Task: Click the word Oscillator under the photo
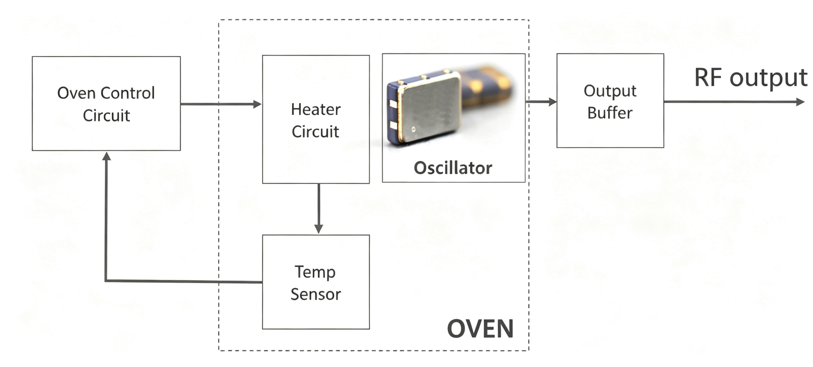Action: (x=453, y=167)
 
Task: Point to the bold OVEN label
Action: (x=480, y=329)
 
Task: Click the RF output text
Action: (x=751, y=78)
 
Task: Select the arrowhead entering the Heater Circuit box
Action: (x=257, y=104)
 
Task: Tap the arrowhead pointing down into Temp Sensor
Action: (x=319, y=229)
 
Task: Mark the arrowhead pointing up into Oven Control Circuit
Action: (x=107, y=156)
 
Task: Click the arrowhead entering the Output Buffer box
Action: (x=553, y=102)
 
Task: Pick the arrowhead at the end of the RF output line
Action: (x=800, y=102)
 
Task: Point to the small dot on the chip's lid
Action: (x=414, y=129)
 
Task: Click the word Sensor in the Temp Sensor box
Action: (x=316, y=294)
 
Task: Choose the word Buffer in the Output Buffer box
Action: (x=610, y=113)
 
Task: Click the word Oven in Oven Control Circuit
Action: (x=76, y=93)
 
